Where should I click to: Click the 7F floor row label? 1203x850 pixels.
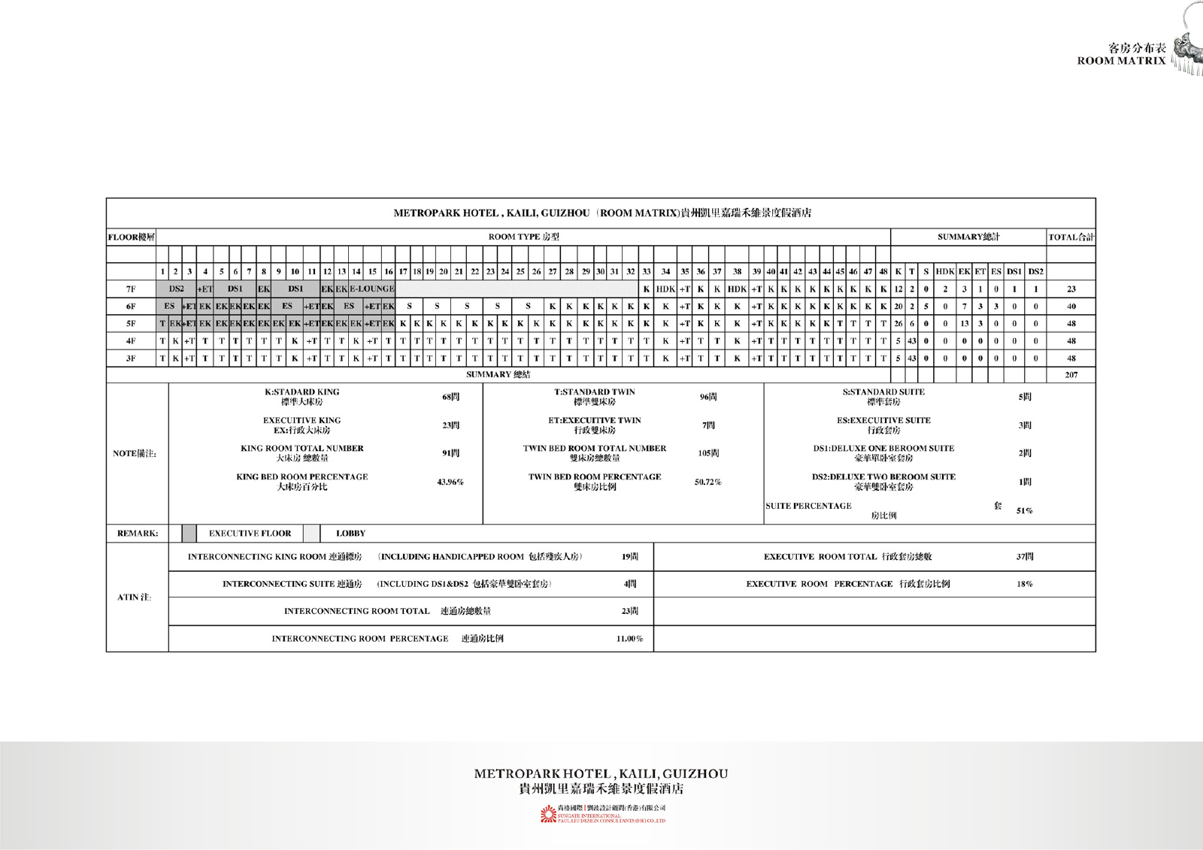pyautogui.click(x=131, y=289)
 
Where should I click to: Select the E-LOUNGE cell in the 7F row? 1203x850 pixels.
pyautogui.click(x=371, y=289)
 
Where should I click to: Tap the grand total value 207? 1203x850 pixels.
pyautogui.click(x=1071, y=374)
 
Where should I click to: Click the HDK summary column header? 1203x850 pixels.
pyautogui.click(x=945, y=271)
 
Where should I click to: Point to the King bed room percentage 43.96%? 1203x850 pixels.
pyautogui.click(x=450, y=482)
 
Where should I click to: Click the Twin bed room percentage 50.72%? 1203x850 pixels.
pyautogui.click(x=708, y=482)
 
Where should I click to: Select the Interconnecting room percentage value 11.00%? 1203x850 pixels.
pyautogui.click(x=629, y=639)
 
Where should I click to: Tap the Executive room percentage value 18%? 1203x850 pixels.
pyautogui.click(x=1024, y=584)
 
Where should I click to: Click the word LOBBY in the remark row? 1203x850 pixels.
pyautogui.click(x=350, y=534)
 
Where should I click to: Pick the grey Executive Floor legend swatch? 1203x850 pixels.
pyautogui.click(x=189, y=534)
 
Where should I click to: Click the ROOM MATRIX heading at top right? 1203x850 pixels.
pyautogui.click(x=1121, y=61)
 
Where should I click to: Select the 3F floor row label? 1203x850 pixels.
pyautogui.click(x=131, y=358)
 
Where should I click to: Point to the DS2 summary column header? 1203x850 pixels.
pyautogui.click(x=1035, y=271)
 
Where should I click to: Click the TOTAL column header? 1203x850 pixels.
pyautogui.click(x=1071, y=237)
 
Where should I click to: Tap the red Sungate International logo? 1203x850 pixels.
pyautogui.click(x=548, y=815)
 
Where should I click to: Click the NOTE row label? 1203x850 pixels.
pyautogui.click(x=135, y=453)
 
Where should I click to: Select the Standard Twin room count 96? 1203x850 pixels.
pyautogui.click(x=708, y=397)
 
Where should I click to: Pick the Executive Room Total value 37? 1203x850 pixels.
pyautogui.click(x=1024, y=557)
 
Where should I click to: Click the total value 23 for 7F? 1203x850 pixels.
pyautogui.click(x=1071, y=289)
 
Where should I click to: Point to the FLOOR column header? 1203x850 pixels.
pyautogui.click(x=131, y=237)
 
